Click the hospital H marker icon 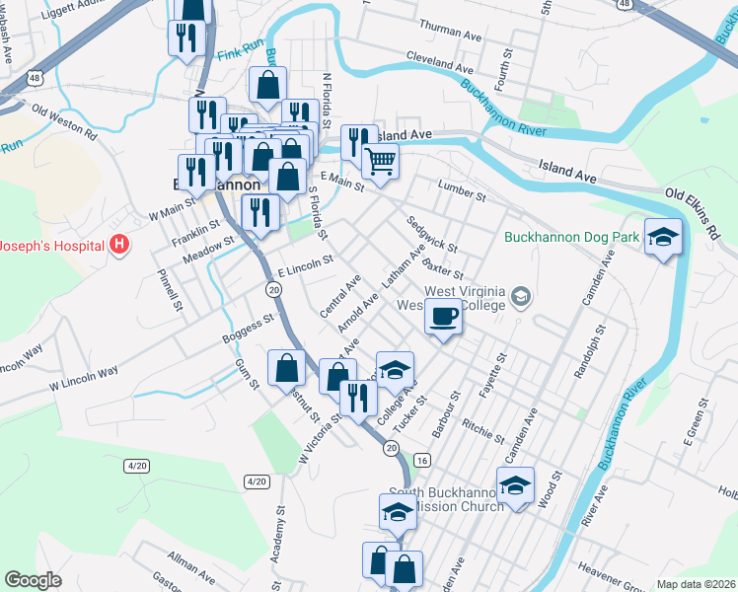(119, 243)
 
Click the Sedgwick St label (431, 234)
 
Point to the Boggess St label (248, 330)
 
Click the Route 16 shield (422, 461)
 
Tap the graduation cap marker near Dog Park (664, 236)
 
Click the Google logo (33, 580)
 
